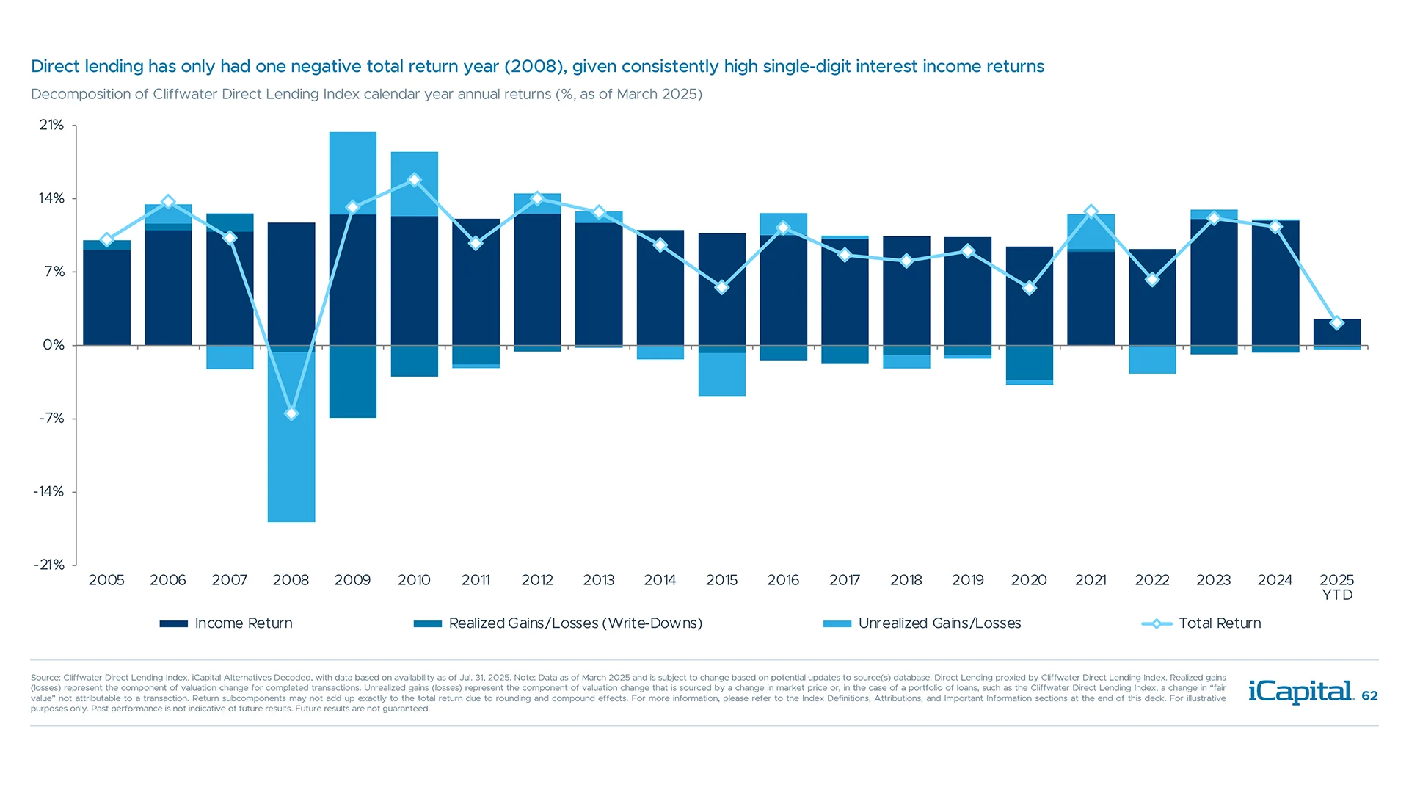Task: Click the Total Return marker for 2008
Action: tap(291, 414)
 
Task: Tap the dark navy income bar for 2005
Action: tap(107, 297)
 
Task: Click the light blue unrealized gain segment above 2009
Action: tap(353, 173)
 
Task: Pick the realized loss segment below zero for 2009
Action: tap(353, 382)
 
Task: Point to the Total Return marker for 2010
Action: tap(415, 180)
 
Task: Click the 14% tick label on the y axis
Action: tap(51, 198)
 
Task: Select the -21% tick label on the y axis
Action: tap(49, 565)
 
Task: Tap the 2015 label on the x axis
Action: tap(721, 580)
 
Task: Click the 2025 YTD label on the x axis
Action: tap(1336, 587)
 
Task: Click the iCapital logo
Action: tap(1300, 692)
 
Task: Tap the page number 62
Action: tap(1369, 695)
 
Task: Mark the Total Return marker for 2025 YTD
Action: tap(1337, 323)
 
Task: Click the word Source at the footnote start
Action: tap(45, 678)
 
